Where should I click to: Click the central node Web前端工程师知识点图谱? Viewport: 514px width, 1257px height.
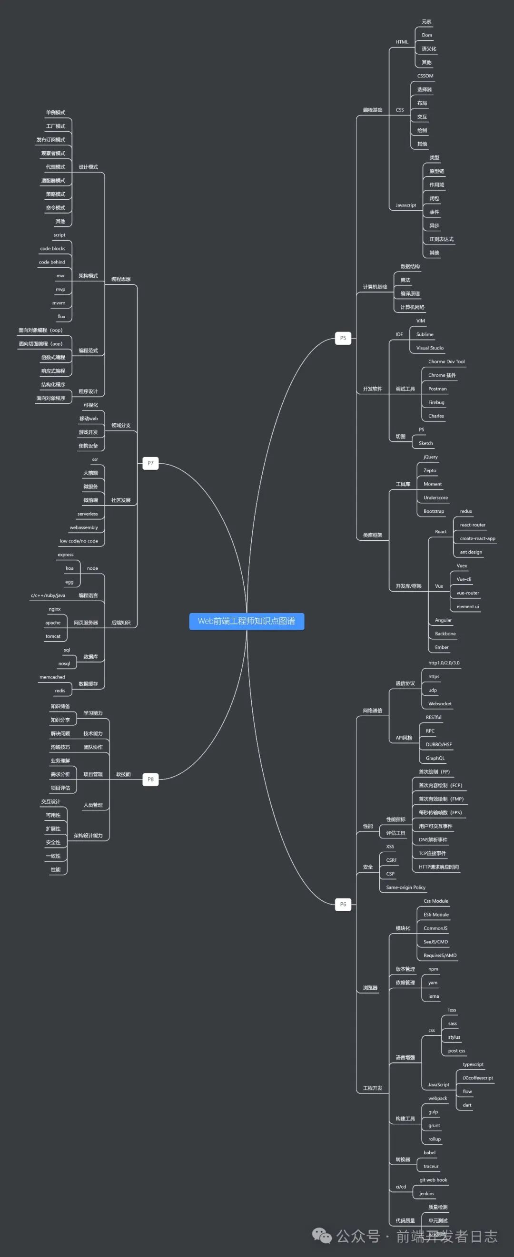(x=247, y=621)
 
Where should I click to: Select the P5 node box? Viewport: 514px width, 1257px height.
(x=343, y=338)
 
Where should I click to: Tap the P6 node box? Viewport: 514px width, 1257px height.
(x=343, y=904)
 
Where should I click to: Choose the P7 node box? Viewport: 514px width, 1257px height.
(x=150, y=463)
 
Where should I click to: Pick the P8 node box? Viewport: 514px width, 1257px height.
(x=150, y=780)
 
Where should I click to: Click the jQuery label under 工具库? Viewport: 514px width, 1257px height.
(x=431, y=457)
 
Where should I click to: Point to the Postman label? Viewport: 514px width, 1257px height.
(x=437, y=389)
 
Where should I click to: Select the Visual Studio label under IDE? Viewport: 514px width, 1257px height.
(x=430, y=348)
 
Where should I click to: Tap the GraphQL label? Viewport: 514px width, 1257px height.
(x=435, y=758)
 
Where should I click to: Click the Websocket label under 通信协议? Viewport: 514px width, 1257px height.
(x=440, y=704)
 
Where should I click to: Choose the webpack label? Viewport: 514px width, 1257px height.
(x=437, y=1099)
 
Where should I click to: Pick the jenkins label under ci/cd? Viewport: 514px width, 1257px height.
(x=426, y=1194)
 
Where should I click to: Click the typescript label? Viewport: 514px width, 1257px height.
(x=473, y=1064)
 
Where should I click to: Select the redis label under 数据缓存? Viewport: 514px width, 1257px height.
(x=60, y=691)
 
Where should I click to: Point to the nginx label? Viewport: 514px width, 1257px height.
(x=55, y=609)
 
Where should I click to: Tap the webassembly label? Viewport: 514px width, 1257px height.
(x=83, y=527)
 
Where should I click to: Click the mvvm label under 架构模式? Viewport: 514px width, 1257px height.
(x=59, y=303)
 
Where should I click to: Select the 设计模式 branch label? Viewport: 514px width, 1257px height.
(x=89, y=167)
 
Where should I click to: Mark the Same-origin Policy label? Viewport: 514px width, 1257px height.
(x=405, y=887)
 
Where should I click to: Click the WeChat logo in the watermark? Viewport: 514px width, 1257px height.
(x=322, y=1236)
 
